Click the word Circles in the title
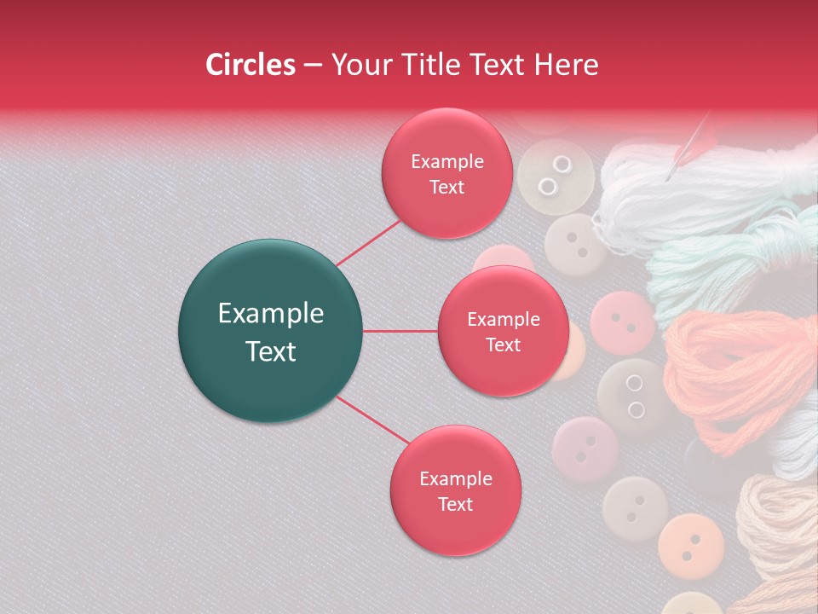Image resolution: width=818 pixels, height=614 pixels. coord(250,65)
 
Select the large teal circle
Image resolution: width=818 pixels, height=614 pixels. coord(270,331)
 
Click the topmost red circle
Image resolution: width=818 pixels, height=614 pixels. coord(446,173)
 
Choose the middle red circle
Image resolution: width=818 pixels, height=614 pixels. coord(503,331)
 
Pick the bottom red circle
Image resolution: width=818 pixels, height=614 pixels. coord(455,490)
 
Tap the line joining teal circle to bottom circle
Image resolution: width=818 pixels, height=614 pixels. coord(373,421)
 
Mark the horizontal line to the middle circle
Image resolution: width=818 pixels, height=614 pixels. coord(400,331)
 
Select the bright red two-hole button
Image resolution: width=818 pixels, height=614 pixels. coord(622,323)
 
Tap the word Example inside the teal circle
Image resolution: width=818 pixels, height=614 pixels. coord(270,314)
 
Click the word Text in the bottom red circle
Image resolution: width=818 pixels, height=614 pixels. coord(455,504)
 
